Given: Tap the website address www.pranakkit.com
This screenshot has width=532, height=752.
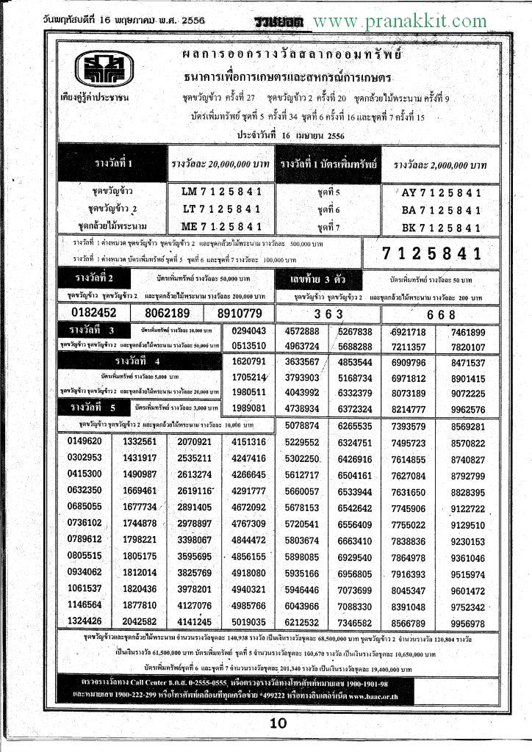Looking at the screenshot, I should pos(399,21).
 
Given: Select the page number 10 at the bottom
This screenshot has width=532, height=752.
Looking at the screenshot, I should pos(278,723).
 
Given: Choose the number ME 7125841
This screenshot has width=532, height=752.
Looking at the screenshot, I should pos(221,226).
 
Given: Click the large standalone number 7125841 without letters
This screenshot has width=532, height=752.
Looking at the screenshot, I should pos(433,254).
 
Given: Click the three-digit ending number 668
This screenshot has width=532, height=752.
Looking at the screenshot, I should pos(441,314).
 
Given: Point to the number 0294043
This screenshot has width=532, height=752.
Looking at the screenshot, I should pos(248,331).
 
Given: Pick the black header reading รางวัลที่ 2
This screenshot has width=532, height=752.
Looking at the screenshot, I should pos(95,278).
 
